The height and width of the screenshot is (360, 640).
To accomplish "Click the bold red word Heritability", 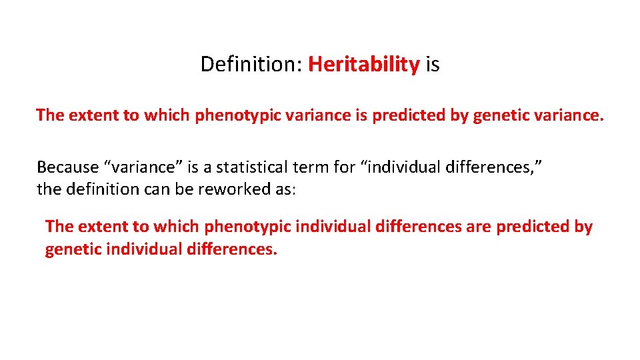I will tap(364, 65).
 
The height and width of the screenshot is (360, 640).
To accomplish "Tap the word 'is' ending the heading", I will tap(433, 65).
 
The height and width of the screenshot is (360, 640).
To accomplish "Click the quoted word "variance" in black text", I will tap(143, 167).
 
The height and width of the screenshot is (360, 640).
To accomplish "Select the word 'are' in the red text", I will tap(478, 227).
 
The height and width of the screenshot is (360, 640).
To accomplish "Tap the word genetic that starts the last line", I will tap(71, 249).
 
